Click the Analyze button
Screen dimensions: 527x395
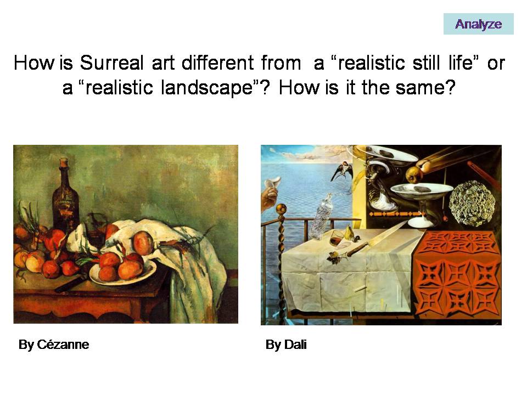coord(478,24)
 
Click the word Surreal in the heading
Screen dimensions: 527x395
coord(111,63)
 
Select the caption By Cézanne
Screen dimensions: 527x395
coord(54,345)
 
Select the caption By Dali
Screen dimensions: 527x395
coord(286,345)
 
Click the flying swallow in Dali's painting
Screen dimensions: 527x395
coord(342,171)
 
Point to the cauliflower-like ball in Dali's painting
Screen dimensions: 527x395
coord(472,203)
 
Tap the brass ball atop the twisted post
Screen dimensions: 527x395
coord(281,209)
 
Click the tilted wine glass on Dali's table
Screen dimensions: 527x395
coord(337,238)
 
